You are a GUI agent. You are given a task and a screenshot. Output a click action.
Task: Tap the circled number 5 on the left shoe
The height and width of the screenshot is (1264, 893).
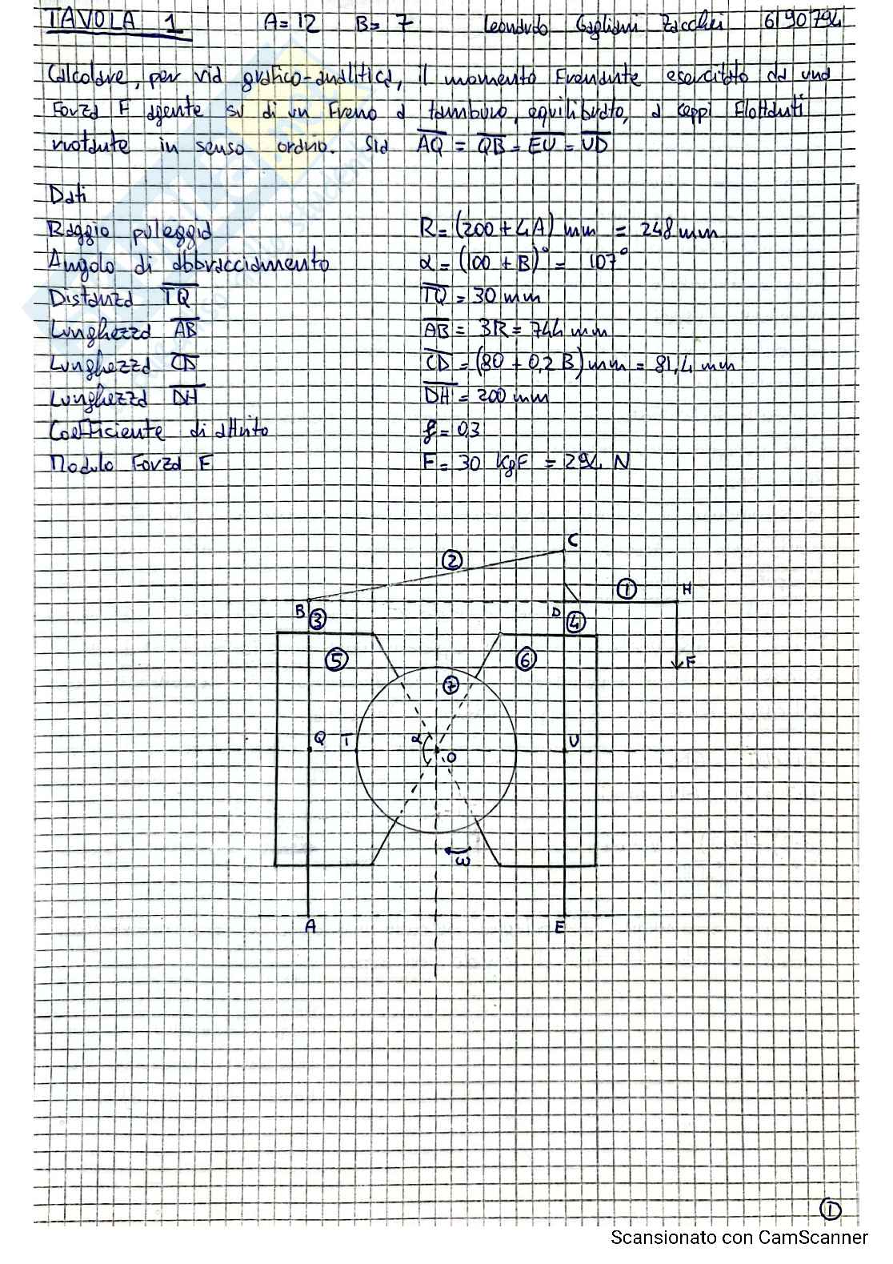[x=337, y=660]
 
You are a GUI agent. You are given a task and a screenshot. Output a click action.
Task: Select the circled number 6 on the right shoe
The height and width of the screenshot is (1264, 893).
[x=526, y=660]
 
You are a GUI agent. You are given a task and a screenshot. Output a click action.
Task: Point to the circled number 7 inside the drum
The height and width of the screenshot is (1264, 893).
[x=451, y=686]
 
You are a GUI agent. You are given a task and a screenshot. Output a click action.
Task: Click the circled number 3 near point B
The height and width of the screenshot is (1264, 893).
[x=318, y=619]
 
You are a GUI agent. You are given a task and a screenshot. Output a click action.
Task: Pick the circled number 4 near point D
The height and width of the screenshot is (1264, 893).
[x=576, y=621]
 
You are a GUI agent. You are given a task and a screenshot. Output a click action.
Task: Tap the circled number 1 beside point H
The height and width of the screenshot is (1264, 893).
[x=627, y=590]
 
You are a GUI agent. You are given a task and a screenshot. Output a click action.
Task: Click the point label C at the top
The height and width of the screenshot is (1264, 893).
[x=572, y=542]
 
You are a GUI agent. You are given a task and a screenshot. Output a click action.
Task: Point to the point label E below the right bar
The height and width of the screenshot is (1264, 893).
[x=559, y=927]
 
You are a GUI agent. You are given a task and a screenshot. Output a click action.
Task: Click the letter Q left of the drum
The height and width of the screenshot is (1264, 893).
[x=320, y=739]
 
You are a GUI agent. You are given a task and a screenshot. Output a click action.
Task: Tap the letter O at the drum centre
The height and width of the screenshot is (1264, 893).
[x=451, y=756]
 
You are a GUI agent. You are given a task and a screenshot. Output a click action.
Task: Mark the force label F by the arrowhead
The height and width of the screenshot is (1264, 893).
[x=691, y=661]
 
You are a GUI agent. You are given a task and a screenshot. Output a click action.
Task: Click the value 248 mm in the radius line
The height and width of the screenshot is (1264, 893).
[x=678, y=232]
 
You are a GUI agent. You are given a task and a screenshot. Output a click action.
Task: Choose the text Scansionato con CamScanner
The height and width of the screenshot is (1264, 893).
[x=739, y=1238]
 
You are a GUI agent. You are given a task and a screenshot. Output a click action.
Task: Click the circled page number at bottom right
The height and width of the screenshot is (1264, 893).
[x=831, y=1210]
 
